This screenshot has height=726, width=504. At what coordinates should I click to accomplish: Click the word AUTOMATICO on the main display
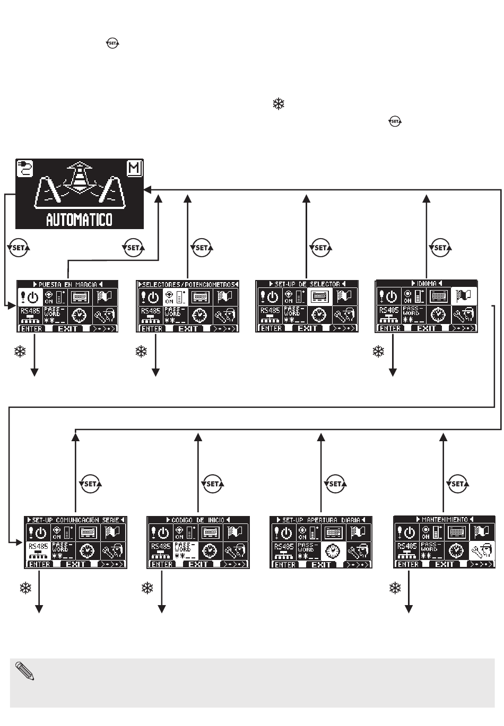tap(79, 219)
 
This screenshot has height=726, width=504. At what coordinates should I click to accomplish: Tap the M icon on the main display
tap(135, 168)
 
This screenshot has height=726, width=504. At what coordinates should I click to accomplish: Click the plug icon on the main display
tap(24, 168)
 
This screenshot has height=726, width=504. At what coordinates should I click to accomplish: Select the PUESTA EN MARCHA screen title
tap(68, 284)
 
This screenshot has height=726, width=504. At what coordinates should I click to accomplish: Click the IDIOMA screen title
tap(427, 284)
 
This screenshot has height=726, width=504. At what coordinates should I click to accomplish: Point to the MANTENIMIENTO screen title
tap(445, 520)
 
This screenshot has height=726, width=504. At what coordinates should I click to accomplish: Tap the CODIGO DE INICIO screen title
tap(198, 520)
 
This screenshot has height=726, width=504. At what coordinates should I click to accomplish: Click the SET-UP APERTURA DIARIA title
tap(321, 520)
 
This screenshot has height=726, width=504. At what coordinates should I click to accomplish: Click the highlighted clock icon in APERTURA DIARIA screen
tap(334, 551)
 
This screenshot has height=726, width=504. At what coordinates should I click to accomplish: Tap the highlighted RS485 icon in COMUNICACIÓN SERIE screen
tap(38, 551)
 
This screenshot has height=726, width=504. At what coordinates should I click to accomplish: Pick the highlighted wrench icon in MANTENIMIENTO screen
tap(482, 551)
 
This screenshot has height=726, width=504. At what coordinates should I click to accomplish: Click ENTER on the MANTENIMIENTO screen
tap(409, 564)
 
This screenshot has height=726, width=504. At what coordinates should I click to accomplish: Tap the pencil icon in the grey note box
tap(25, 670)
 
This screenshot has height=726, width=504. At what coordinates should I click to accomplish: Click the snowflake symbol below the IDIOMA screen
tap(378, 351)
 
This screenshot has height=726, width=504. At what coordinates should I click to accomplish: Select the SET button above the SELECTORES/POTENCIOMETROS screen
tap(202, 248)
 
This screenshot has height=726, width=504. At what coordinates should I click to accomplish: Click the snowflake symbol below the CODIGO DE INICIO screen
tap(147, 588)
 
